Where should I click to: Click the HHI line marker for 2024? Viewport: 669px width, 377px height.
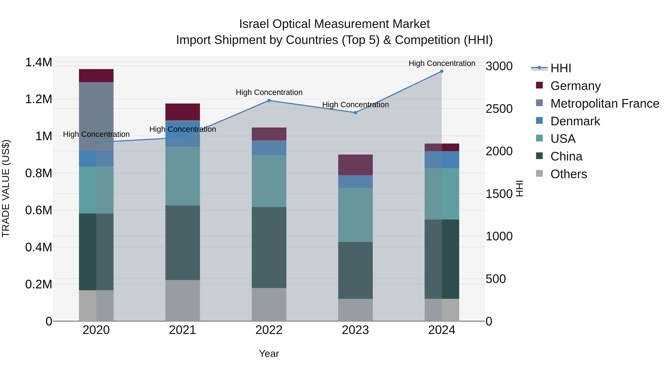click(442, 71)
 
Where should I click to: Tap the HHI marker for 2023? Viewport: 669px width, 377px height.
click(355, 113)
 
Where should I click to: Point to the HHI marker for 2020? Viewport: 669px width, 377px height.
click(96, 142)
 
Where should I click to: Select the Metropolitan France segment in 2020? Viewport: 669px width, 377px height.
click(96, 116)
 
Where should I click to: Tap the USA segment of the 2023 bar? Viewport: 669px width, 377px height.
click(355, 215)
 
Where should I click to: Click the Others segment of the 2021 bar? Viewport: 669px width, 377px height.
click(182, 300)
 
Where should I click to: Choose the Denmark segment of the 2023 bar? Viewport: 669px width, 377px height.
click(355, 181)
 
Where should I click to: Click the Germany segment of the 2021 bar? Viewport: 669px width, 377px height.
click(182, 112)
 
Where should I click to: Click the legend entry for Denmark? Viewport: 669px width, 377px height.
click(575, 121)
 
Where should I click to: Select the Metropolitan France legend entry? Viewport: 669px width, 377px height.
click(605, 104)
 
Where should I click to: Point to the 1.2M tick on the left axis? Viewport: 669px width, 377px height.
click(38, 99)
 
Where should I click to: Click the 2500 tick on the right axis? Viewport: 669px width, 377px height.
click(499, 109)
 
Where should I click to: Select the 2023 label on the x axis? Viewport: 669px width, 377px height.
click(355, 330)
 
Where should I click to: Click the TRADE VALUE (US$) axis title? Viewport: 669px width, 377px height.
click(6, 188)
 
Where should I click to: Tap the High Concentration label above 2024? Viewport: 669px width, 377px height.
click(442, 63)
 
